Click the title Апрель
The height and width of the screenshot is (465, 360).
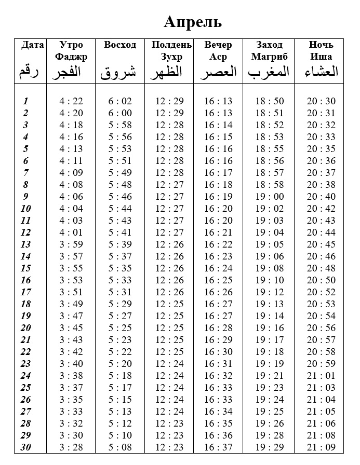[193, 22]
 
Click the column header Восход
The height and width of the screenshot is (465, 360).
[120, 45]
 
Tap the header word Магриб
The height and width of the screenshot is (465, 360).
[269, 57]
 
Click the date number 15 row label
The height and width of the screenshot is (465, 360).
[26, 268]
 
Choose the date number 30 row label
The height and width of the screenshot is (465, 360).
[26, 447]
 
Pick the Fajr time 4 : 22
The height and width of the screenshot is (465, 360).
[71, 101]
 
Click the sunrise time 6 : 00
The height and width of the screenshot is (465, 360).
[120, 113]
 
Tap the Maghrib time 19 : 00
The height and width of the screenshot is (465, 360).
[270, 197]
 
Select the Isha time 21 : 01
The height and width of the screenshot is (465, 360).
[321, 376]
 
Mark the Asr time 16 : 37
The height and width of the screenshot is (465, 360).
[218, 447]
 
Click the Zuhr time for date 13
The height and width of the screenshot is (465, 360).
[169, 244]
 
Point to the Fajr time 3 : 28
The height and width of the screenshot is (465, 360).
[71, 447]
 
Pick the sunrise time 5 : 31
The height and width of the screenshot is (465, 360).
[120, 292]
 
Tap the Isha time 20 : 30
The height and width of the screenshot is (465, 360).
[321, 101]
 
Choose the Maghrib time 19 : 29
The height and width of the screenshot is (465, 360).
[270, 447]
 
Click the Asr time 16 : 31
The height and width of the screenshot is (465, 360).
[218, 364]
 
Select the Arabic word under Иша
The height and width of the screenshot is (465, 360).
[321, 72]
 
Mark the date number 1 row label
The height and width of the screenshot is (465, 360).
[26, 101]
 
